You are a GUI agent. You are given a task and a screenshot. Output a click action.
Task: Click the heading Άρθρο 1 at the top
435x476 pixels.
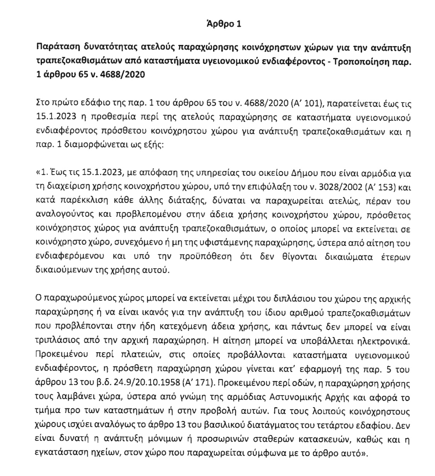pos(224,24)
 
